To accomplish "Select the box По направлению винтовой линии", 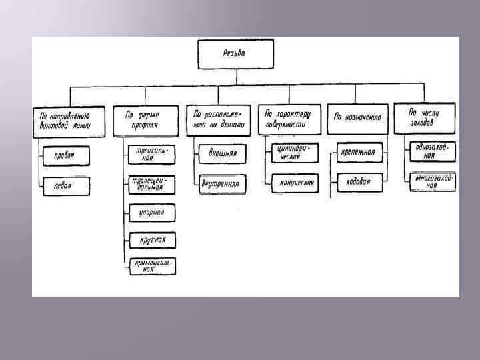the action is (69, 121).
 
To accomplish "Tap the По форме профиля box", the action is (146, 120).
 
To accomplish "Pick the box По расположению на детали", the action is (219, 120).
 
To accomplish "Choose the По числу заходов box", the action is (425, 117).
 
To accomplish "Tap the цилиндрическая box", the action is (295, 153).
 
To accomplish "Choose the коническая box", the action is (295, 183).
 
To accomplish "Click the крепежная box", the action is (359, 153).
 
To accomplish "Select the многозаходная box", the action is (433, 182).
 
